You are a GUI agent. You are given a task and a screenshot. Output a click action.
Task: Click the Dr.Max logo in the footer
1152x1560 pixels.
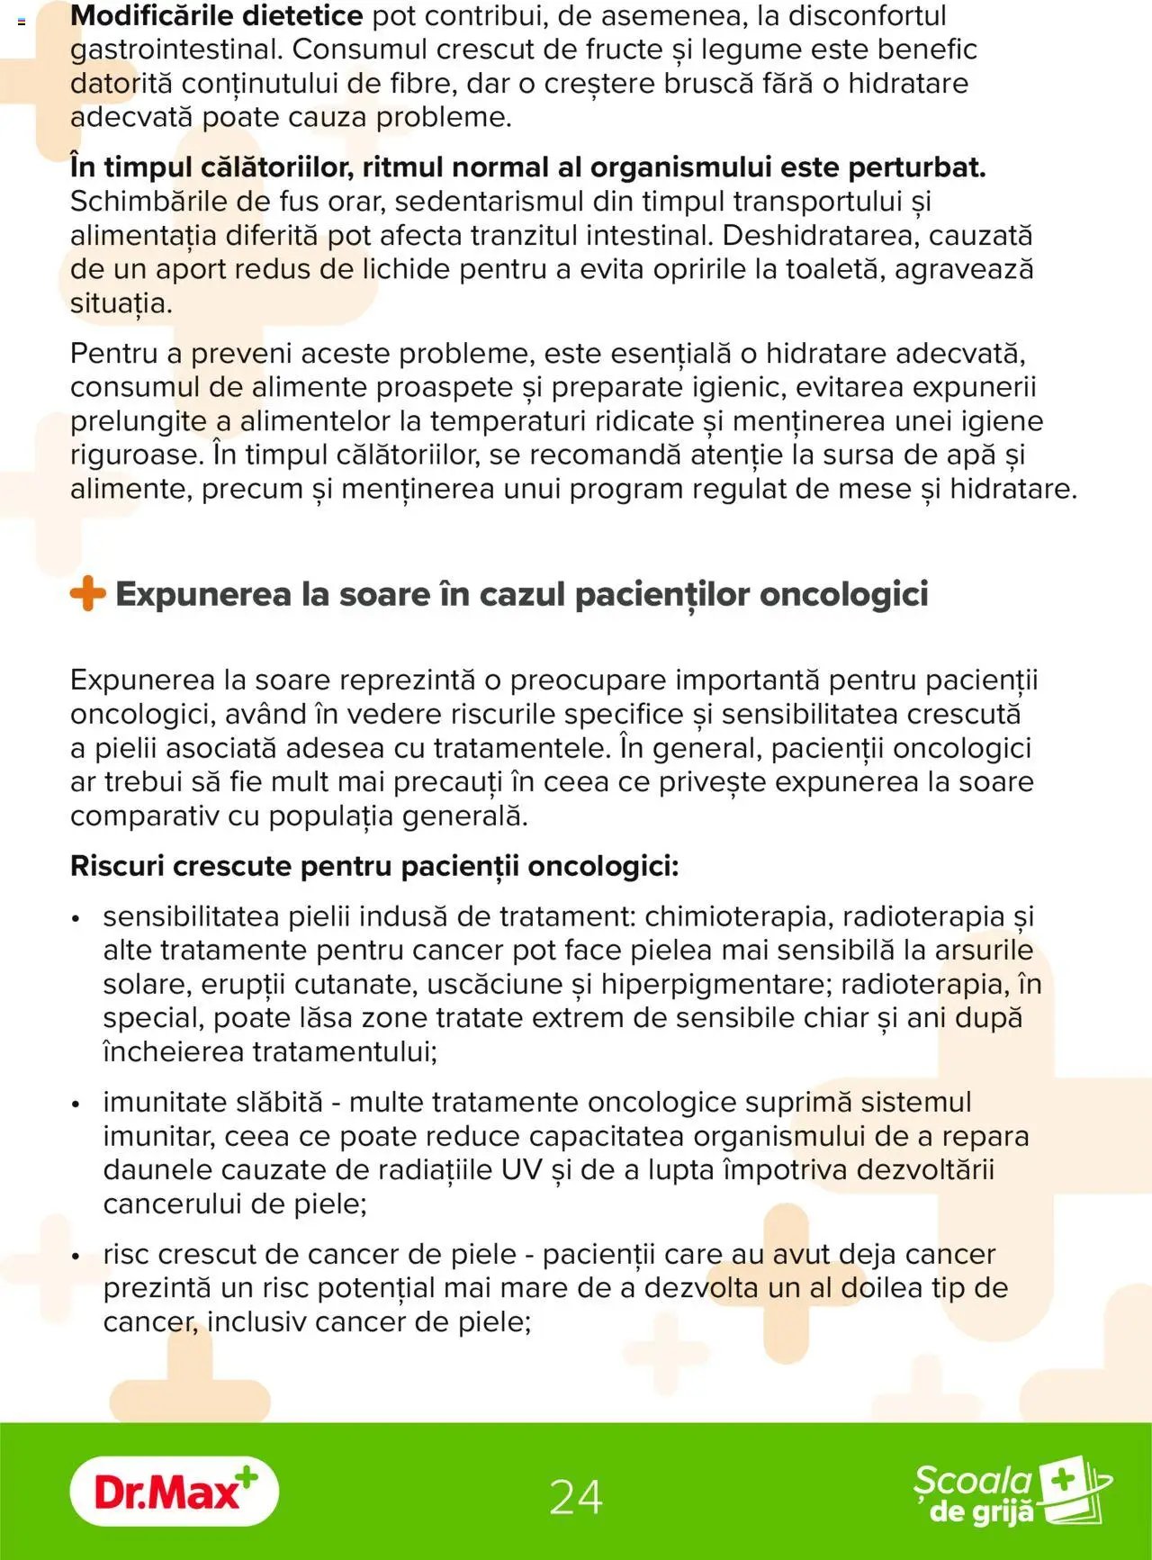[x=174, y=1492]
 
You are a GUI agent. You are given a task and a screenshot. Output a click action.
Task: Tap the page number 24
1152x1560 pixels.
[x=575, y=1497]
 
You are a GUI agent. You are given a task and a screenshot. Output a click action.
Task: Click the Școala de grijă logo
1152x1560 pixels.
[x=1012, y=1493]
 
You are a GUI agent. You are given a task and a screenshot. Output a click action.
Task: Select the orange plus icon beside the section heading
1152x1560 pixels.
[x=87, y=594]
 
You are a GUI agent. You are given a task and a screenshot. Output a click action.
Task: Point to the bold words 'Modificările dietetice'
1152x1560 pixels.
[x=217, y=15]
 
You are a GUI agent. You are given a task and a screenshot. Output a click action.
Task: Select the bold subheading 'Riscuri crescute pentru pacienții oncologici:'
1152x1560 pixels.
[x=374, y=866]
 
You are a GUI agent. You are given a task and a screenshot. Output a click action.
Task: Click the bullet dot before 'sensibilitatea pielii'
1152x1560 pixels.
[x=76, y=918]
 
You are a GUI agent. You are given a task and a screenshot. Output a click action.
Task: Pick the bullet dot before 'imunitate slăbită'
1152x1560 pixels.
[x=76, y=1104]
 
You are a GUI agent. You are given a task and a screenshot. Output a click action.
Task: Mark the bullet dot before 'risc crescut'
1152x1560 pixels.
[x=76, y=1256]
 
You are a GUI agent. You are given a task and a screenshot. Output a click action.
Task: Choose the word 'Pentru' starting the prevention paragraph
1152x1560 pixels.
[x=113, y=353]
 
